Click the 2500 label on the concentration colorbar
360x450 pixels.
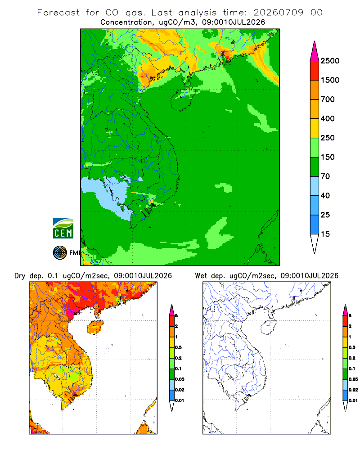330,61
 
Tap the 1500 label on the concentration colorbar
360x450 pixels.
330,80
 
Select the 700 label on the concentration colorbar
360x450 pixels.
328,99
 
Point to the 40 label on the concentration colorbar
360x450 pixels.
325,195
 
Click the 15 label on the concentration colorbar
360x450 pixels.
325,234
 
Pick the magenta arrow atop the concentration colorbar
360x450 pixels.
315,51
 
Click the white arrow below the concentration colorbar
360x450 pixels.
315,243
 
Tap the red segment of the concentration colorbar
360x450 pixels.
315,70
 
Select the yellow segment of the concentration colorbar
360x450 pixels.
315,128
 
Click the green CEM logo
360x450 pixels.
63,229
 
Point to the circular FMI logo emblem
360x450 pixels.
60,253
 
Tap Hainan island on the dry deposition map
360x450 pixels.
95,327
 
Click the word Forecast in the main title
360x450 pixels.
58,13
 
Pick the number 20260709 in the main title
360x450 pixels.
278,13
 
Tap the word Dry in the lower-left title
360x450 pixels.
20,276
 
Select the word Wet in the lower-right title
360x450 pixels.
201,276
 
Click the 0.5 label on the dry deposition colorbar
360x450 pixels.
178,347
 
